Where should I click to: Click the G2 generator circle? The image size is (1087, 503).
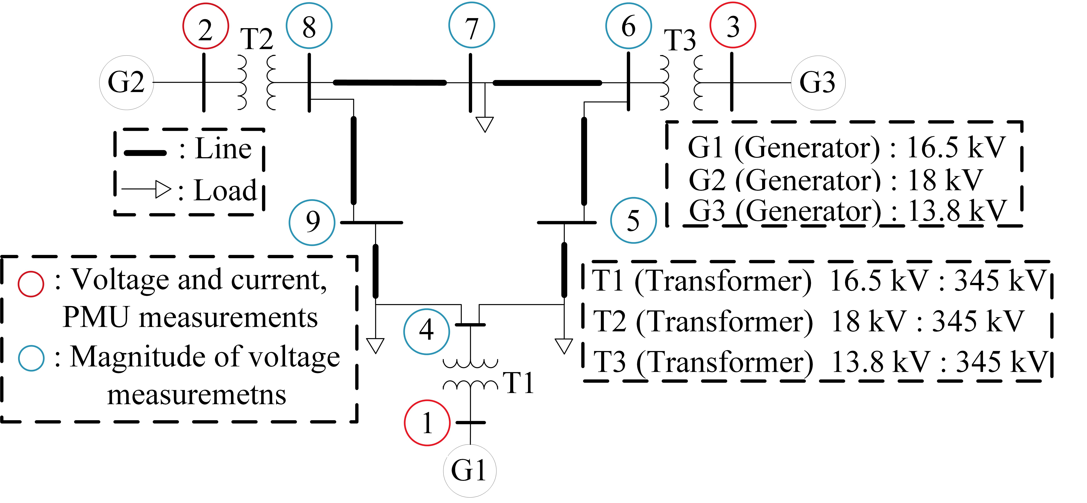point(126,83)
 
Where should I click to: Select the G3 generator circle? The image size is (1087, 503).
point(818,83)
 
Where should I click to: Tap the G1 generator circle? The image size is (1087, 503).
point(469,470)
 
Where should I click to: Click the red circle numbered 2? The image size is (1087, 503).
point(205,26)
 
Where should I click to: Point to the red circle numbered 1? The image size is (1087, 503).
point(427,423)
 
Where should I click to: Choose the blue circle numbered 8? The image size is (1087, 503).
point(309,26)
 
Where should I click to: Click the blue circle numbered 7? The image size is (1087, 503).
point(471,26)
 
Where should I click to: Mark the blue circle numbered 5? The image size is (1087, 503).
point(633,221)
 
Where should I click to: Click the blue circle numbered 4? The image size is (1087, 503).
point(426,331)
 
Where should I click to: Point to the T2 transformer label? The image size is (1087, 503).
point(257,40)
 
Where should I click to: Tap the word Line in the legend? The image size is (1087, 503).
point(223,149)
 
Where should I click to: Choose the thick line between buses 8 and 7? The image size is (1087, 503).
point(390,83)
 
